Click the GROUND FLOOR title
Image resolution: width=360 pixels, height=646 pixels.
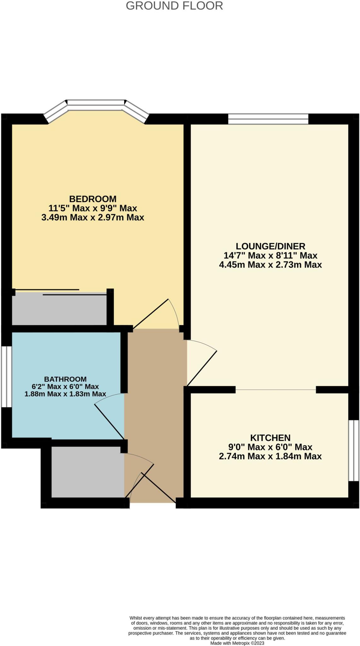click(174, 6)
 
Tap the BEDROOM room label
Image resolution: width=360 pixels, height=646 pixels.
click(93, 199)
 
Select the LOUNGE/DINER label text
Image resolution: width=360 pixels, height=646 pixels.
click(270, 246)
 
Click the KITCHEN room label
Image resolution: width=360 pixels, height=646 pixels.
click(270, 438)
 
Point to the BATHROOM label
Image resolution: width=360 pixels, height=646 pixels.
click(65, 379)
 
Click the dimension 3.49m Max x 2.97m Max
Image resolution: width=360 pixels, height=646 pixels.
click(93, 217)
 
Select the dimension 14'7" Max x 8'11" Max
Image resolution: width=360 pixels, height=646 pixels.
click(270, 255)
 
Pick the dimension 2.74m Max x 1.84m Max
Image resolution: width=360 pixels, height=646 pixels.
click(270, 456)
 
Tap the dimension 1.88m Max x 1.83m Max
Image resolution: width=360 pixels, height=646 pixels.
click(65, 394)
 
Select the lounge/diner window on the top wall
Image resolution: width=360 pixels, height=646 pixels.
click(268, 119)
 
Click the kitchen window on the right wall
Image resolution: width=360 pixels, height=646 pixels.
click(353, 450)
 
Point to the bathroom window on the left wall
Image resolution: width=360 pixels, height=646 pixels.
click(6, 377)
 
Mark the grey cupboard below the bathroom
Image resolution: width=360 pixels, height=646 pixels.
click(88, 472)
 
